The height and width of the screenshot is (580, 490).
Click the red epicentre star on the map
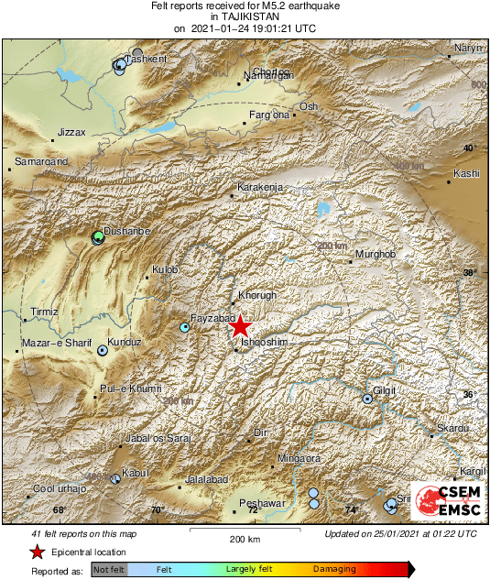coord(240,326)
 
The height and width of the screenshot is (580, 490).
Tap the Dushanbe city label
coord(127,232)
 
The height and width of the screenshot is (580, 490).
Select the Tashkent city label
coord(147,60)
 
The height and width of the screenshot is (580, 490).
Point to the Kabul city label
coord(136,473)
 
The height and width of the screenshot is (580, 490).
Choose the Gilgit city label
coord(384,390)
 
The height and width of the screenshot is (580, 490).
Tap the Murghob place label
coord(375,254)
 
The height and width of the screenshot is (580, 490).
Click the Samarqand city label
coord(38,162)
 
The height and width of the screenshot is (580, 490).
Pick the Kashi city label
coord(467,173)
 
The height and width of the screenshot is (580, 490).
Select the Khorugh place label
coord(257,296)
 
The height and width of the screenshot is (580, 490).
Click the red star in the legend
coord(37,552)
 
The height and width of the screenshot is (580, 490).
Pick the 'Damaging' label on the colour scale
coord(334,569)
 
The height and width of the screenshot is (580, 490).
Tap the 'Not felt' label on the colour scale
coord(109,569)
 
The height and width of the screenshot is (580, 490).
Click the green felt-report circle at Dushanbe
coord(99,238)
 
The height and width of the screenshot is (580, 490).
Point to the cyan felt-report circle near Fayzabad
coord(185,327)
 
